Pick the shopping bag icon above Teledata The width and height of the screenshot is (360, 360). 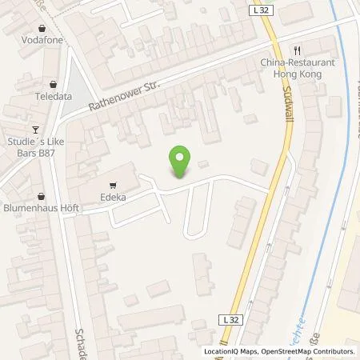(x=52, y=82)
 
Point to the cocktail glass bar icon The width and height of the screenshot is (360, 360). (x=34, y=130)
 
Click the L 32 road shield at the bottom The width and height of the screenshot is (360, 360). (x=230, y=318)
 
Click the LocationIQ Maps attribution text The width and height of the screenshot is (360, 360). (x=232, y=351)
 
